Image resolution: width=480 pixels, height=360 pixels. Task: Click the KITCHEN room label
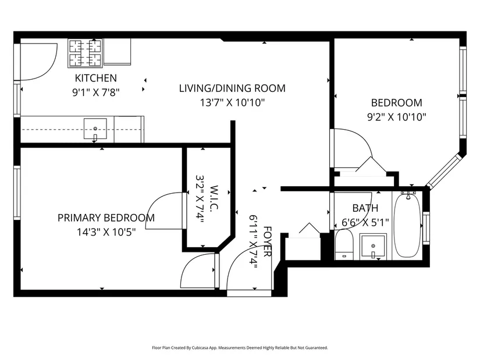pos(96,78)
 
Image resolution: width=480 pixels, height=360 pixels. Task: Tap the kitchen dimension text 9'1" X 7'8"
pos(96,92)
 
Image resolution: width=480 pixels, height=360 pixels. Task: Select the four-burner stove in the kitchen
pos(85,53)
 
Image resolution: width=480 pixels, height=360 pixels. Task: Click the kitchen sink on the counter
pos(95,129)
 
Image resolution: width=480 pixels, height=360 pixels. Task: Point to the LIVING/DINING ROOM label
pos(232,88)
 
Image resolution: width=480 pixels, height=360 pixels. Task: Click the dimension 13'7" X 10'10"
pos(232,102)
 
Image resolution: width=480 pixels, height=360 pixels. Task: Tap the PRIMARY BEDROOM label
pos(106,218)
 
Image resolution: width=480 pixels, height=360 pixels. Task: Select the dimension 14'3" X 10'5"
pos(106,232)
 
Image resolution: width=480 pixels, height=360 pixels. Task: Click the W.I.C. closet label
pos(214,198)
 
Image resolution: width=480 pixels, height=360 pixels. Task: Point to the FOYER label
pos(267,242)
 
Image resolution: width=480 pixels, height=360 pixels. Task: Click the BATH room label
pos(365,208)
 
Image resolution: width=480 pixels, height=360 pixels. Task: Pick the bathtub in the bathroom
pos(407,226)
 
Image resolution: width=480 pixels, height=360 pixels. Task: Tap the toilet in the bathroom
pos(344,245)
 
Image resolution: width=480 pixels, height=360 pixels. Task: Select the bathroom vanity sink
pos(373,247)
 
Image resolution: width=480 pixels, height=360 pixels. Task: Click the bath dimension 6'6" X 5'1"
pos(365,222)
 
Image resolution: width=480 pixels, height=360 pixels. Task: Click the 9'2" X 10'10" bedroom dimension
pos(397,117)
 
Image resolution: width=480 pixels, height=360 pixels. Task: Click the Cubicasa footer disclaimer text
pos(240,348)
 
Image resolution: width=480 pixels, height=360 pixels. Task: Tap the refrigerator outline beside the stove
pos(118,52)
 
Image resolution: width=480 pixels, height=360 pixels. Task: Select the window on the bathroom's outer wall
pos(426,228)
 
